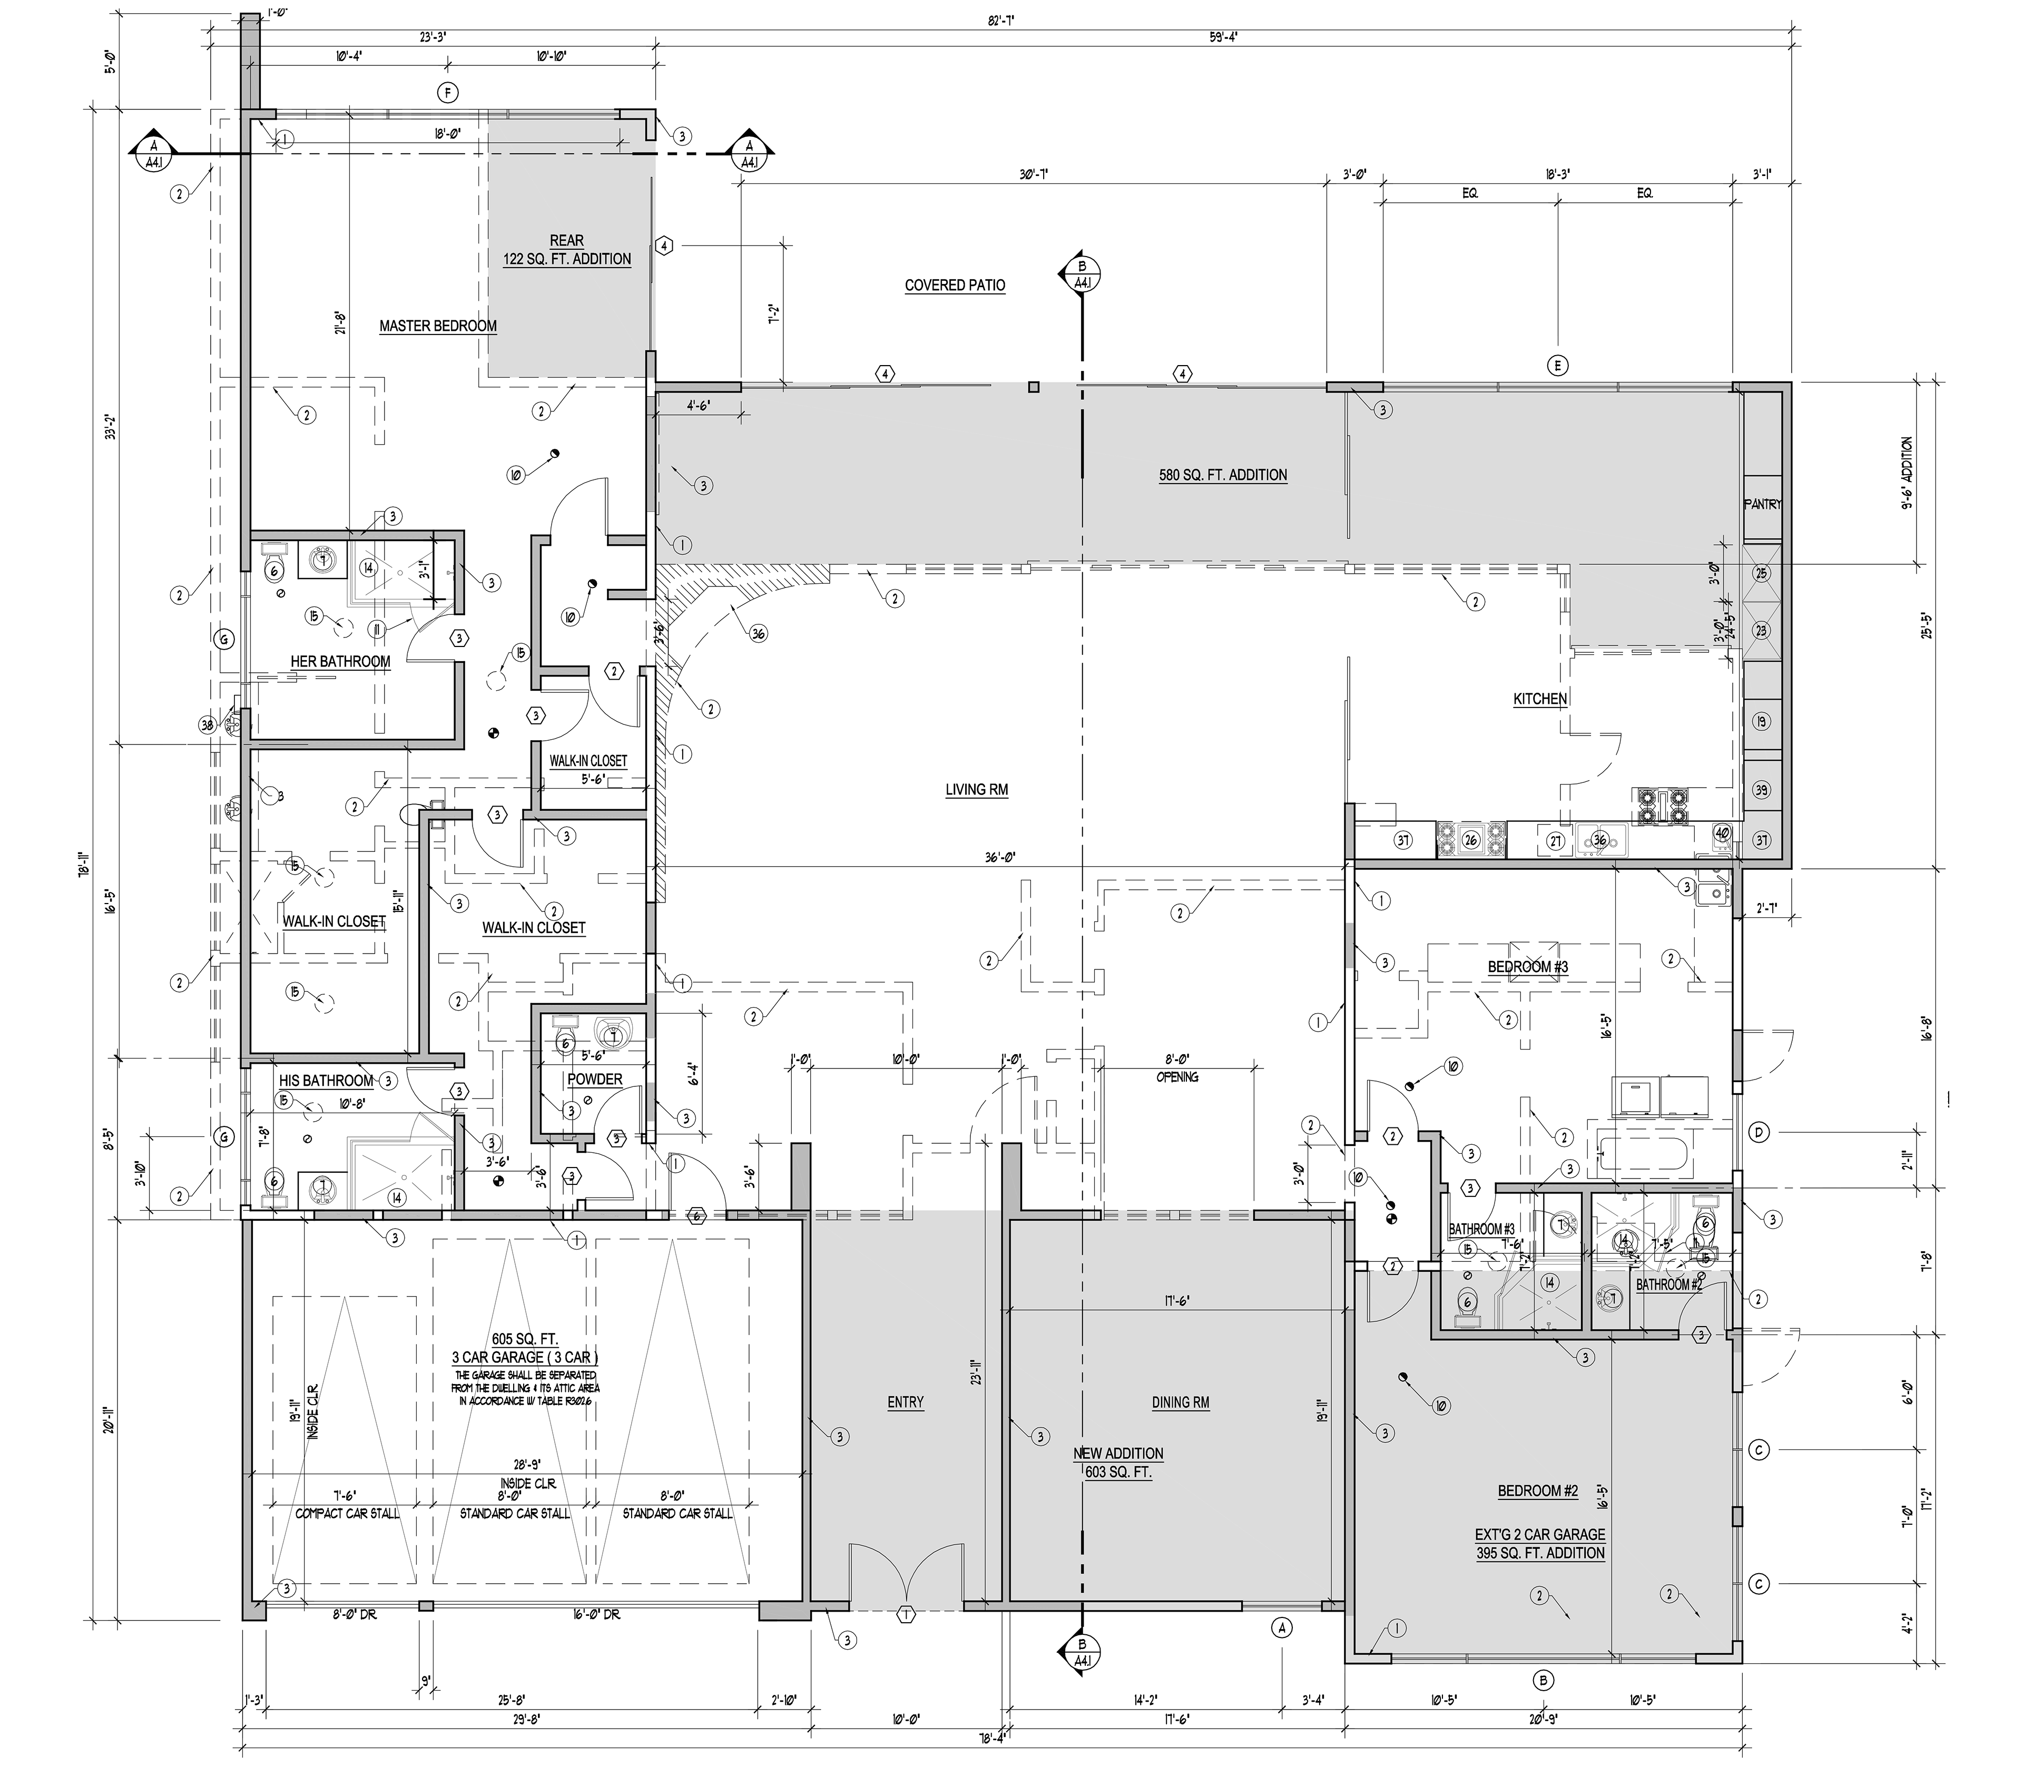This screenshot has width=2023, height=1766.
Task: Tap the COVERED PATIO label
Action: point(954,286)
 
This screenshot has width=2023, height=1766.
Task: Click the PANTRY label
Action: point(1762,505)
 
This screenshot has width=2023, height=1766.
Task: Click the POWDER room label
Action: point(594,1079)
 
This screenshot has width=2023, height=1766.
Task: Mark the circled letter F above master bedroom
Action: point(448,94)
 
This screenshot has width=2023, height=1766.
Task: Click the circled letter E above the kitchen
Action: point(1557,366)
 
